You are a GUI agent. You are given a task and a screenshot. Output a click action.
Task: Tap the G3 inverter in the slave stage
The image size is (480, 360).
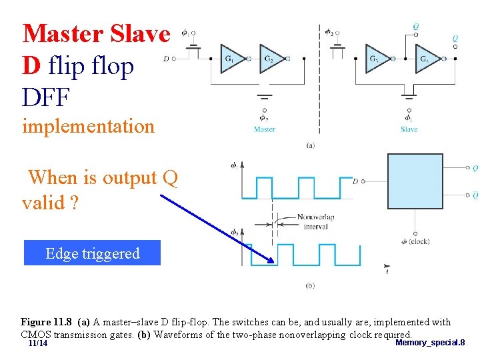(377, 59)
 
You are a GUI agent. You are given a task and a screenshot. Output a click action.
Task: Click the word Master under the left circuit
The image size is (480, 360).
(265, 129)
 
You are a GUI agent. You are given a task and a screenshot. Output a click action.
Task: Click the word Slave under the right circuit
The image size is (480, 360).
(409, 129)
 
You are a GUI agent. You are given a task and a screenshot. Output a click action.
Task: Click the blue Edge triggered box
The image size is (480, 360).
(92, 253)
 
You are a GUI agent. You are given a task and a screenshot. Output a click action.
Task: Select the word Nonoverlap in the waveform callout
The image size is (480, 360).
(315, 217)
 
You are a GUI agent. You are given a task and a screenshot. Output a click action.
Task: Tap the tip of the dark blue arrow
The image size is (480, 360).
(273, 261)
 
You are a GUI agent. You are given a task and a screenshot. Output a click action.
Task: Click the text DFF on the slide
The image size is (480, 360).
(45, 97)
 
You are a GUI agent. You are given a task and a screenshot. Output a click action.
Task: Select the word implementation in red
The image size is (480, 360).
(88, 125)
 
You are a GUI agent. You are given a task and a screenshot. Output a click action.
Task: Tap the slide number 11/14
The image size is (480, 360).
(38, 343)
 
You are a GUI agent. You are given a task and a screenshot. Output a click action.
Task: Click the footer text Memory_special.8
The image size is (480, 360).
(430, 343)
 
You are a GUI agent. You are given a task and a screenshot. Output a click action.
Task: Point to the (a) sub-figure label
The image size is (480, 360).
(310, 145)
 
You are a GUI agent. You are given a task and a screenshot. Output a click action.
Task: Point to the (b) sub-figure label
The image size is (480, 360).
(310, 285)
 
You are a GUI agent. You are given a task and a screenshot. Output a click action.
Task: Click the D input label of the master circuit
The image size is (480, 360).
(165, 59)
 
